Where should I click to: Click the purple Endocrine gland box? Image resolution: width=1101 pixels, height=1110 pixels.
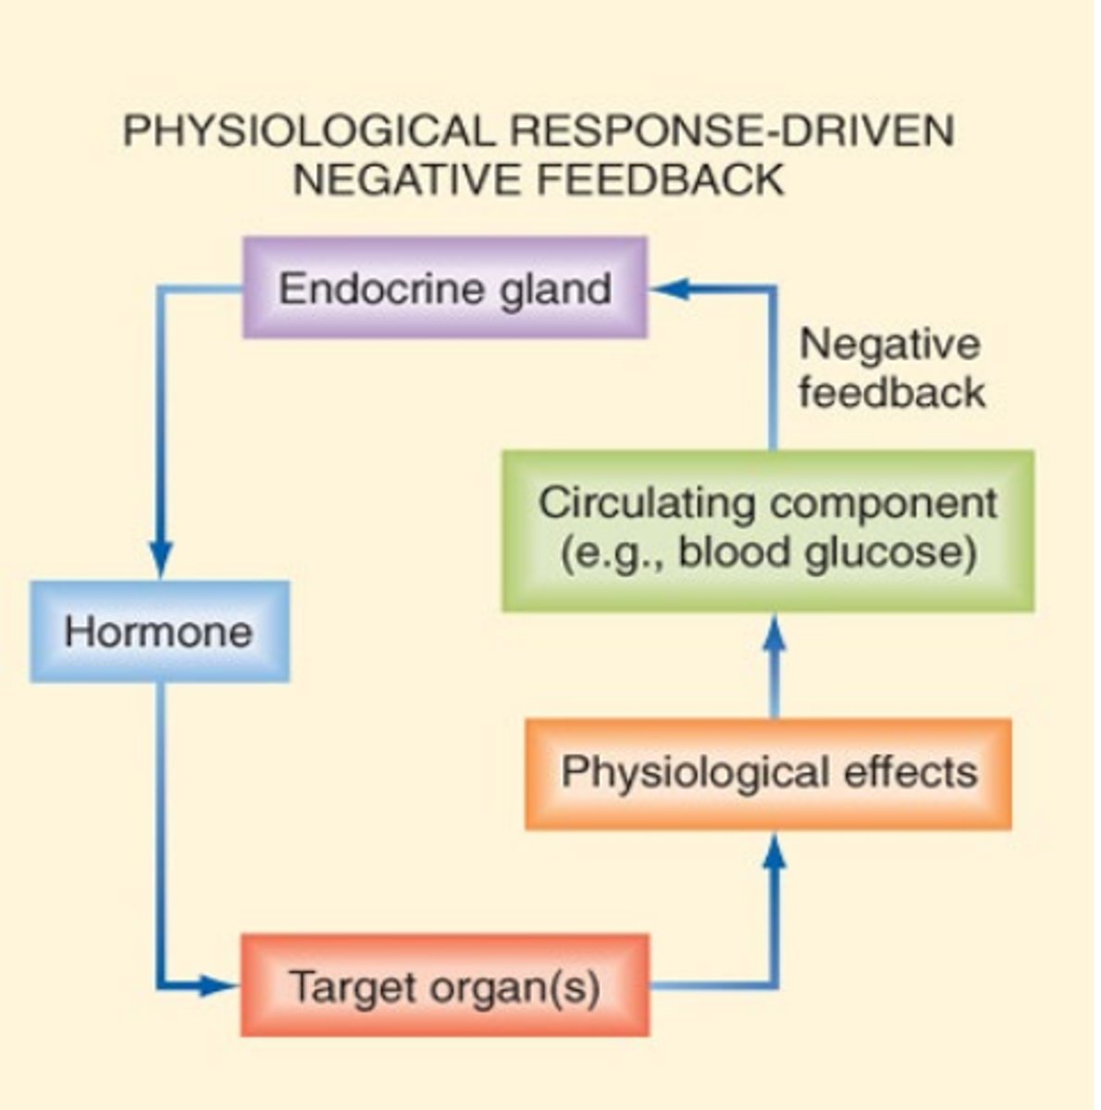pos(445,289)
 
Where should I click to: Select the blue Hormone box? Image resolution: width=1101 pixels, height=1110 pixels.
pos(159,633)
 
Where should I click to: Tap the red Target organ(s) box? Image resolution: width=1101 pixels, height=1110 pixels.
pos(445,986)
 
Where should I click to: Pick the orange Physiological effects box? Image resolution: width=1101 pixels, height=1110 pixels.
pos(768,772)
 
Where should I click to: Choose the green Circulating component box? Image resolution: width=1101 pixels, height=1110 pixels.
pos(768,530)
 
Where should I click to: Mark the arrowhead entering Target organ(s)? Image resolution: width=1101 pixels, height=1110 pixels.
pos(220,986)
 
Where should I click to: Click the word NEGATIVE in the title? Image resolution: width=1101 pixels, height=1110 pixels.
pos(402,179)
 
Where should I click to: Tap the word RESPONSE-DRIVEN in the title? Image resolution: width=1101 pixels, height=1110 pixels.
pos(731,131)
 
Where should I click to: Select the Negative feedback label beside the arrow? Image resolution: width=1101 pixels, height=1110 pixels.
pos(890,368)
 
